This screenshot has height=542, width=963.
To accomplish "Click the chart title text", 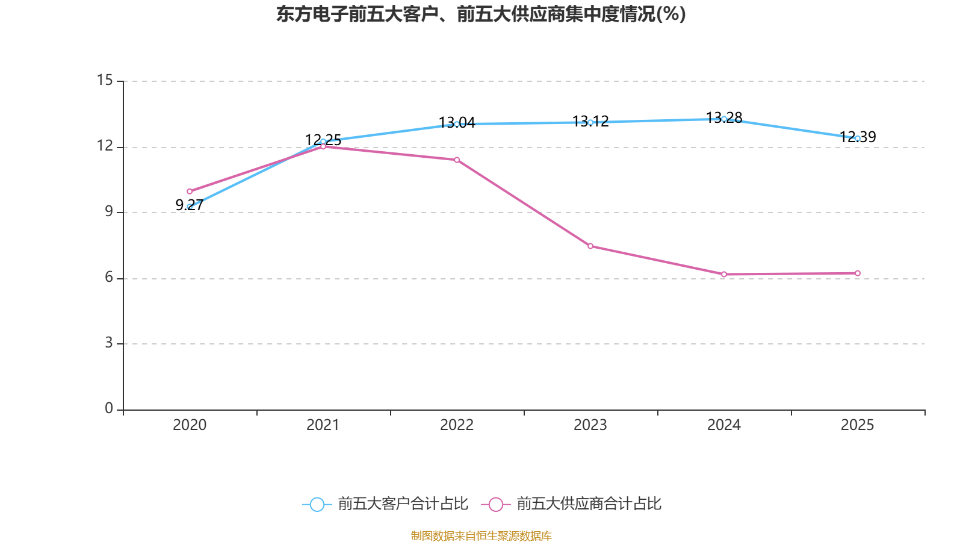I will [481, 14].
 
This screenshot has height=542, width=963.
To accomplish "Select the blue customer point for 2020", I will [190, 207].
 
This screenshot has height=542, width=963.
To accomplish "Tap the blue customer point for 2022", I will [457, 124].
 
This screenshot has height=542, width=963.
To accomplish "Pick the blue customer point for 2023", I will [590, 122].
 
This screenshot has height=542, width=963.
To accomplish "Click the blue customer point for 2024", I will [724, 119].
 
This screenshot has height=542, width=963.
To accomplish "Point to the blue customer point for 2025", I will [858, 139].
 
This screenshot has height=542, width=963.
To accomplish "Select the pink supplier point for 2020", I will [190, 192].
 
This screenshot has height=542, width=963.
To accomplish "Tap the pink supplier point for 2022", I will [457, 160].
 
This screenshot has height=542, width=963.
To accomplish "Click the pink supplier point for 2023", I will [590, 246].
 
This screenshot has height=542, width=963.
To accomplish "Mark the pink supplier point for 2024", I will [724, 275].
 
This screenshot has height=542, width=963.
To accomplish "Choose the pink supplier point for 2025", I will [858, 273].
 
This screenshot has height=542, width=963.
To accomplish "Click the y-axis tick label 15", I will [105, 80].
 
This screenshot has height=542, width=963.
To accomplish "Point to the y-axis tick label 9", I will [109, 211].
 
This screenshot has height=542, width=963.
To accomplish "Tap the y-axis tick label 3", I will [109, 343].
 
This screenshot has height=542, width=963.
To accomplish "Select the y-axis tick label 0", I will [109, 408].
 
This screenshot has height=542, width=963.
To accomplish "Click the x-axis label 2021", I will [323, 425].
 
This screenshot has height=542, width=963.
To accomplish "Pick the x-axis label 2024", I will [724, 425].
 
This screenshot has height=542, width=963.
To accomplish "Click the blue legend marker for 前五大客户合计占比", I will [317, 504].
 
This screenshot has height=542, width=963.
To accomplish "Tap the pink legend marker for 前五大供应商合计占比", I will [496, 504].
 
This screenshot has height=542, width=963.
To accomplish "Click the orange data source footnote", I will [481, 535].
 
